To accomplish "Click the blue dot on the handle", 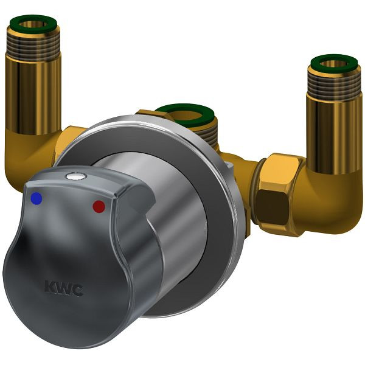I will click(x=36, y=198).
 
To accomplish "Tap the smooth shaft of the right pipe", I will click(x=334, y=134).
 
